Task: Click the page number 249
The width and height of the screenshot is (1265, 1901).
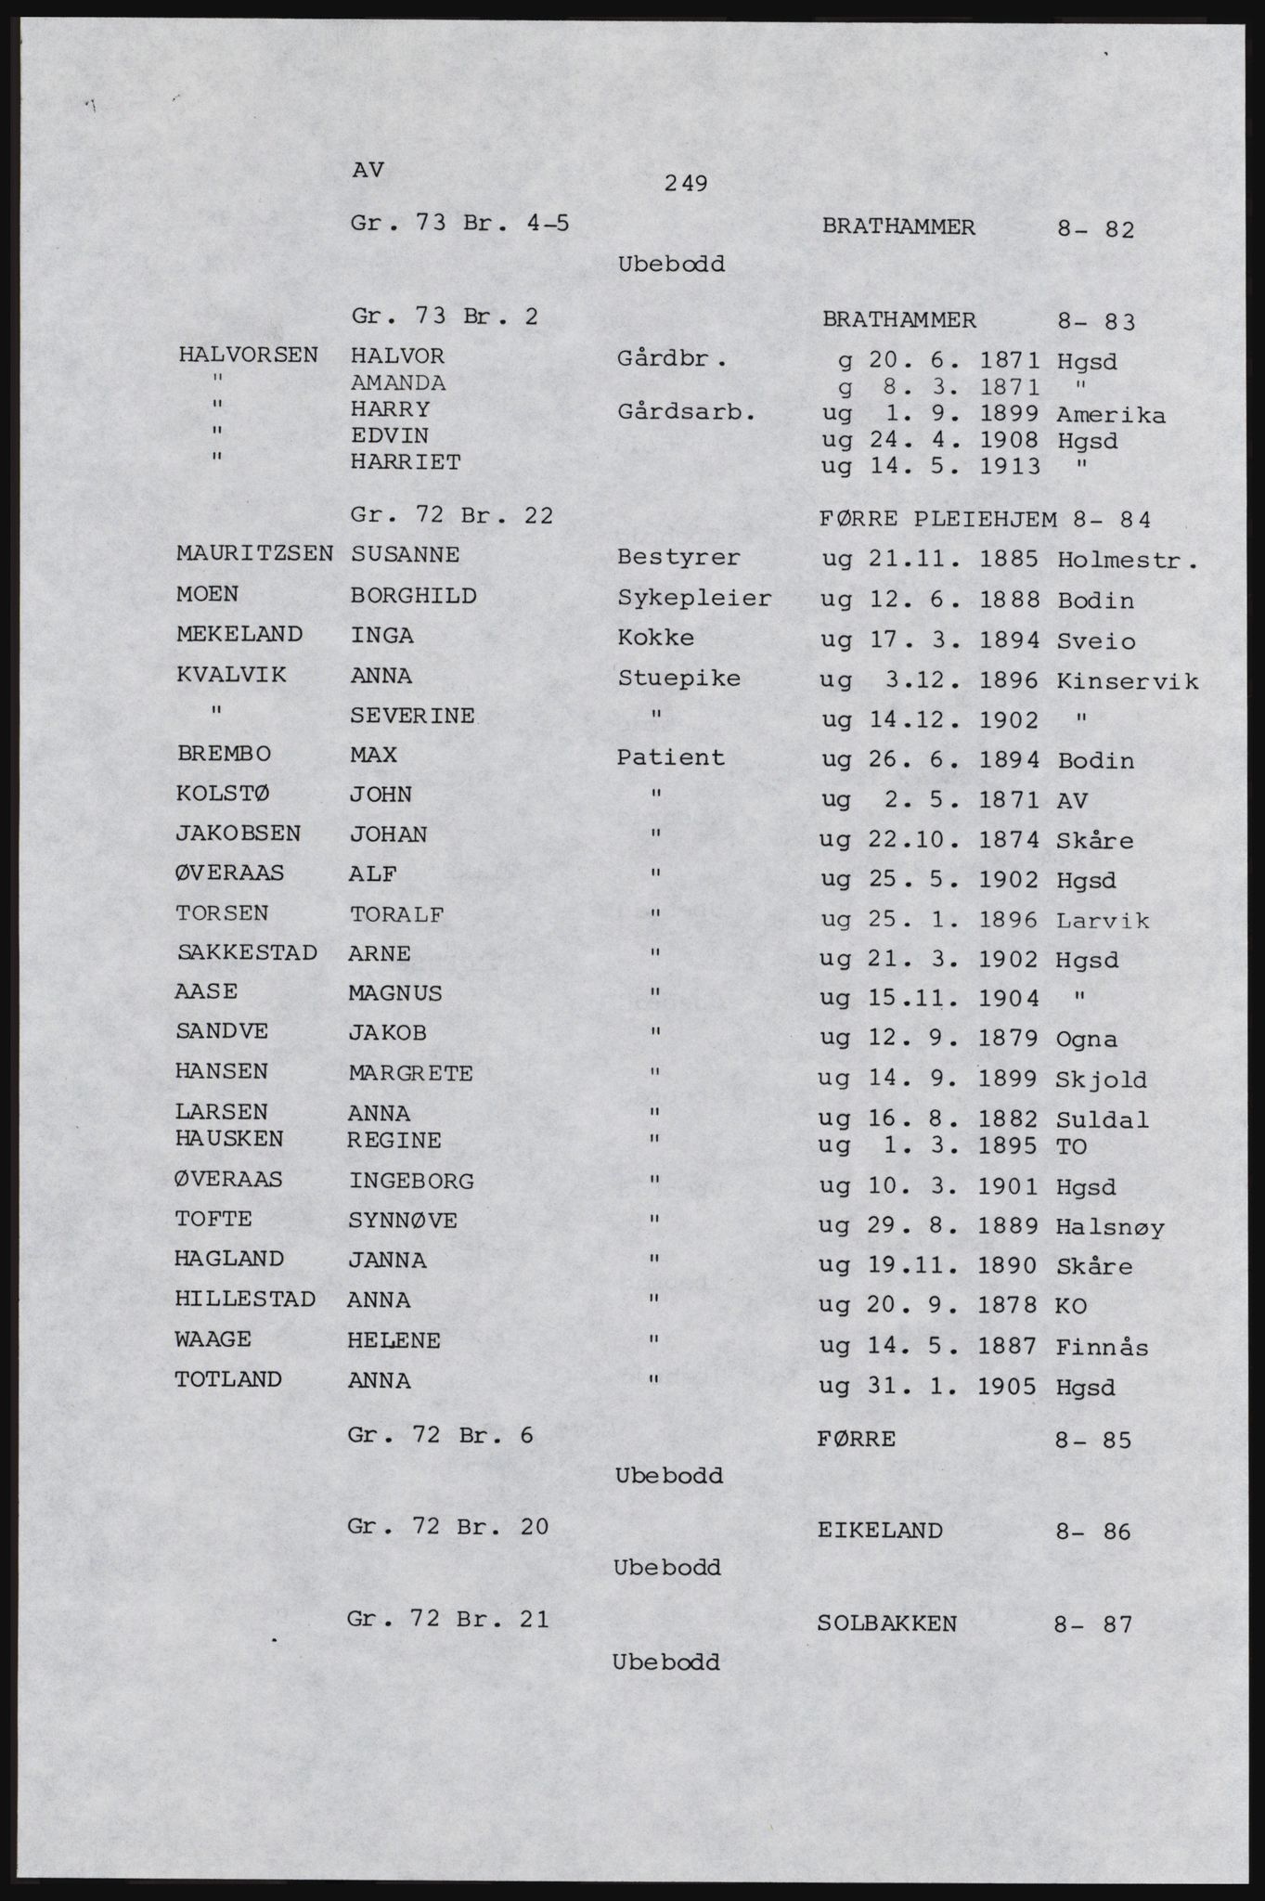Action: (x=687, y=184)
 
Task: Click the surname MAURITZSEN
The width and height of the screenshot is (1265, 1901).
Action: (x=254, y=554)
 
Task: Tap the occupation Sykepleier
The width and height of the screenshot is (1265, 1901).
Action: (x=693, y=599)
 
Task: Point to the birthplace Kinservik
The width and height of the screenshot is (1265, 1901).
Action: (x=1127, y=681)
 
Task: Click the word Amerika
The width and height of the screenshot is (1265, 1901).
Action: (x=1110, y=414)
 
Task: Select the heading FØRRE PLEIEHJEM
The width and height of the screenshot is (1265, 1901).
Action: (x=938, y=519)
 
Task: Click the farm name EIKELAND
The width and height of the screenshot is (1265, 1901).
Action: (x=880, y=1530)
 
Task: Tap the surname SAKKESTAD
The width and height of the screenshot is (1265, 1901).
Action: (x=246, y=952)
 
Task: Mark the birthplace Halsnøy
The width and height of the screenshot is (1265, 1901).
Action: (x=1109, y=1227)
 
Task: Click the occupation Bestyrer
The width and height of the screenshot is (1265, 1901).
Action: (x=678, y=558)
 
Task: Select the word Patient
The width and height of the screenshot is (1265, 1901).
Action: (x=670, y=757)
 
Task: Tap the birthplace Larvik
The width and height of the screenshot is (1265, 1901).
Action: (x=1103, y=921)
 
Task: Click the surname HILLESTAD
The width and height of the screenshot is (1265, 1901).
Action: (x=245, y=1299)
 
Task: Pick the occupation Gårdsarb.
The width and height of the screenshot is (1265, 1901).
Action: (x=684, y=411)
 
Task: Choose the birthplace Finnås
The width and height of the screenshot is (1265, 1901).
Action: (x=1102, y=1347)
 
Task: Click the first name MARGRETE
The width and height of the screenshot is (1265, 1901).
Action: (x=410, y=1074)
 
